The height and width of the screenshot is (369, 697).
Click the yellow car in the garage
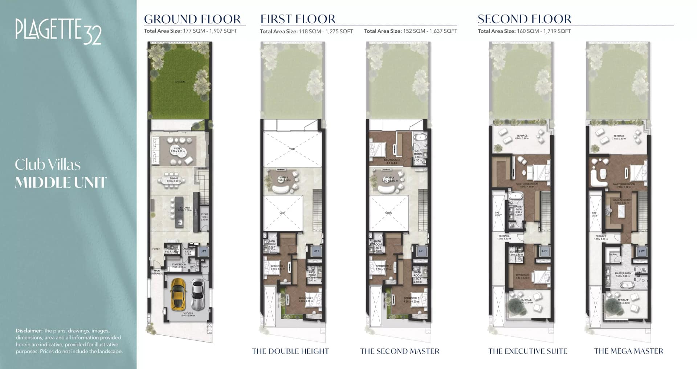[178, 294]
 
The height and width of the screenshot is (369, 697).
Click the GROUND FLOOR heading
[192, 19]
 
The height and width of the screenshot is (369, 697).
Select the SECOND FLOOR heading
[524, 19]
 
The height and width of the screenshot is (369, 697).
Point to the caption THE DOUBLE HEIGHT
[290, 351]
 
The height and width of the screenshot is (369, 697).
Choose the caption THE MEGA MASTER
[628, 351]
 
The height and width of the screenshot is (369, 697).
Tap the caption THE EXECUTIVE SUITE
[527, 351]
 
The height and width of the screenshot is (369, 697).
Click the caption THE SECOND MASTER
[400, 351]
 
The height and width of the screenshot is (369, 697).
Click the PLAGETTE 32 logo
[58, 31]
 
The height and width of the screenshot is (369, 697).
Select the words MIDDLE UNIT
[61, 182]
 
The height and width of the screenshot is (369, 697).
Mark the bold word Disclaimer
[29, 331]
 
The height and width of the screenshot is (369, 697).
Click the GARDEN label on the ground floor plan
[180, 82]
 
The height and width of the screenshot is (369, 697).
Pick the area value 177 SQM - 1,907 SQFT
[210, 31]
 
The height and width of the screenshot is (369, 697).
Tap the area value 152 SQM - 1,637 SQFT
[430, 31]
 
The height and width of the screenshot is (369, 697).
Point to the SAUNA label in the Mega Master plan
[613, 254]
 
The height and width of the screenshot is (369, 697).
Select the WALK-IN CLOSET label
[622, 200]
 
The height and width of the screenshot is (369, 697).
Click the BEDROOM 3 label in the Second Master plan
[392, 160]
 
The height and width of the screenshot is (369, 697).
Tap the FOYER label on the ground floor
[156, 249]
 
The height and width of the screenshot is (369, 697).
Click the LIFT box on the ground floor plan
[203, 251]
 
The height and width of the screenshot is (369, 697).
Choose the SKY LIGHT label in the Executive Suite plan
[498, 214]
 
